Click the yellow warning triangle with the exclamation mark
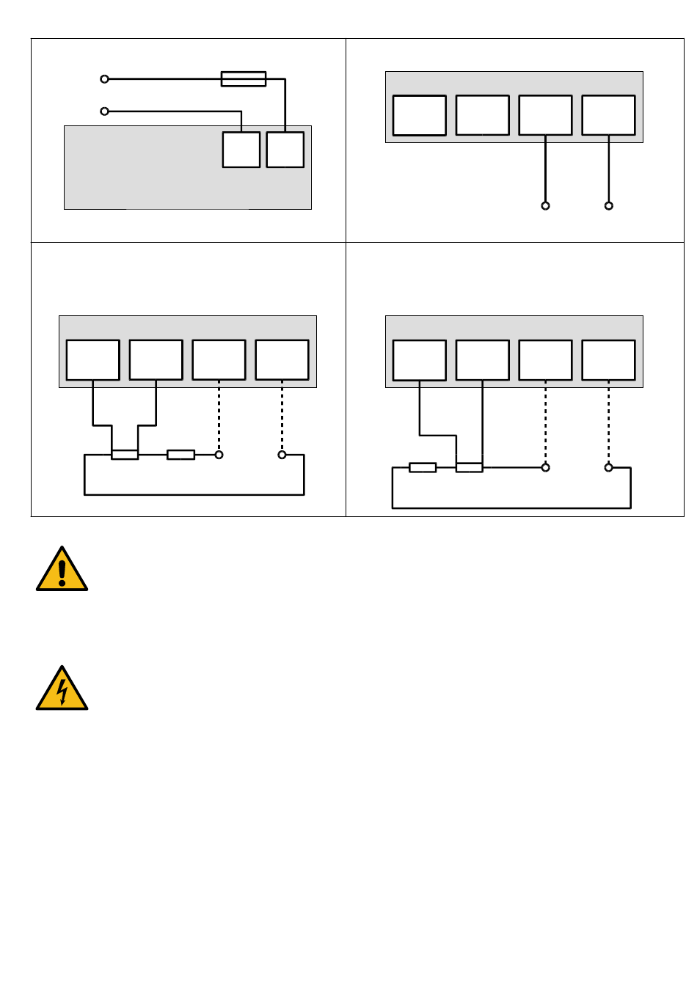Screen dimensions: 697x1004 [62, 571]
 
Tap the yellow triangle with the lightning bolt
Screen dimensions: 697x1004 [62, 690]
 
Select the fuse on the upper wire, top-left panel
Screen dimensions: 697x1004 [244, 78]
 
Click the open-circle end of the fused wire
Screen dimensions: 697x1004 [104, 78]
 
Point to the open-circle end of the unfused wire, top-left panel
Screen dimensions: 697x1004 [104, 111]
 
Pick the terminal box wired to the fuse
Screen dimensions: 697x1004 [285, 150]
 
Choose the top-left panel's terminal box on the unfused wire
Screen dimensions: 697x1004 [241, 150]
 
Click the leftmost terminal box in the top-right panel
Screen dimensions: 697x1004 [419, 115]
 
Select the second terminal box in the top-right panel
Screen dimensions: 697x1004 [482, 115]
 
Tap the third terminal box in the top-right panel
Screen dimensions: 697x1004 [545, 115]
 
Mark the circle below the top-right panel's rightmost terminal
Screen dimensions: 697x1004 [608, 206]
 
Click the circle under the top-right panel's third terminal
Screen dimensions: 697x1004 [545, 206]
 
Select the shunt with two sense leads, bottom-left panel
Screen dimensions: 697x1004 [125, 455]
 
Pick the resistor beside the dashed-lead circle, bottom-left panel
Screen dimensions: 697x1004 [180, 455]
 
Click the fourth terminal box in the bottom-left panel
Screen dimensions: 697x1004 [282, 359]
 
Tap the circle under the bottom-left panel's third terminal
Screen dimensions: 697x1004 [219, 455]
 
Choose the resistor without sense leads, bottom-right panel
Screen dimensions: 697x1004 [423, 467]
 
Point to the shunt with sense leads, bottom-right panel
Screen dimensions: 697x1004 [470, 467]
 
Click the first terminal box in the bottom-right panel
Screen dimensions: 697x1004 [419, 360]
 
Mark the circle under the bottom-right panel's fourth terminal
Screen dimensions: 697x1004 [608, 467]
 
